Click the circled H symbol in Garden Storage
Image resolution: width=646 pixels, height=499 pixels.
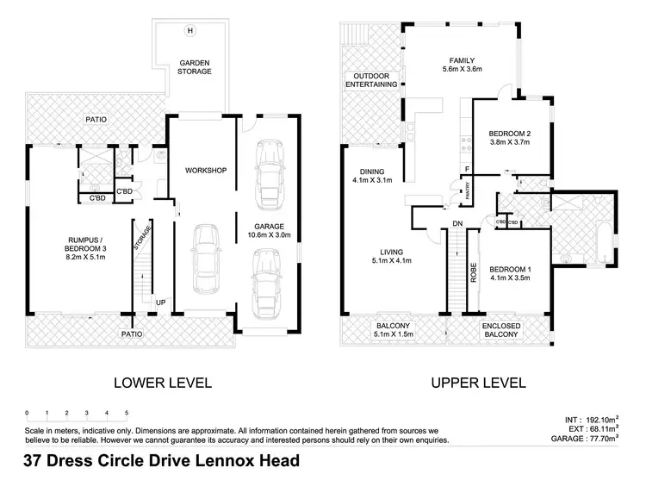coord(190,30)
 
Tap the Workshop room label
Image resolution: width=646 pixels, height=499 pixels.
coord(206,171)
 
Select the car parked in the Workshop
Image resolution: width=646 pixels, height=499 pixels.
coord(206,259)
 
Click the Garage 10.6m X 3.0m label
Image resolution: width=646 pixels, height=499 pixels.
coord(269,230)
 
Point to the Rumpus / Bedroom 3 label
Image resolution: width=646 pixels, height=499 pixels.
coord(85,248)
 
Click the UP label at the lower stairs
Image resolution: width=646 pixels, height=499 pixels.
coord(161,303)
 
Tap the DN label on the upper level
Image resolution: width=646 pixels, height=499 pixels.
coord(457,223)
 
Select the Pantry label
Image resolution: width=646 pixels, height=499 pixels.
coord(468,191)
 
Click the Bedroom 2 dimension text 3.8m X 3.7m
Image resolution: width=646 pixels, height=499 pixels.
coord(510,142)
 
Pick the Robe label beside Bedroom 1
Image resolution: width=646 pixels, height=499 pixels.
coord(474,272)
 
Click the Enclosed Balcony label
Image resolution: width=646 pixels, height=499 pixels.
coord(501,330)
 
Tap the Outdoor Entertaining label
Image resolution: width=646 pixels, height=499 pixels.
coord(371,80)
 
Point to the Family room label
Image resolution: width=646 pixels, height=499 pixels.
coord(462,60)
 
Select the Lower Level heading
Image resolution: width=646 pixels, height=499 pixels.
coord(163,383)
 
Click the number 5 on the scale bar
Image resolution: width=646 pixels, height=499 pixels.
coord(127,413)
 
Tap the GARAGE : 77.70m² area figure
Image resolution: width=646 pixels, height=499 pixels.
coord(585,439)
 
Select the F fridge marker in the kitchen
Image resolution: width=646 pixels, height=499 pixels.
coord(467,169)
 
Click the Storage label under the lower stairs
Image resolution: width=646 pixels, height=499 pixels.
coord(142,238)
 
